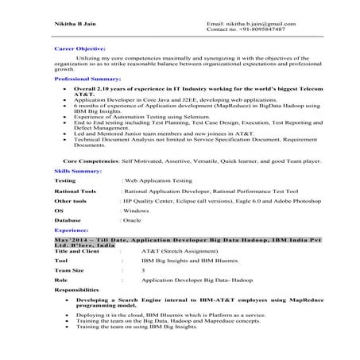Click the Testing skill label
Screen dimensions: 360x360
point(66,181)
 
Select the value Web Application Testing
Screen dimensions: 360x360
point(157,181)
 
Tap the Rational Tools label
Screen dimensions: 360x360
point(75,192)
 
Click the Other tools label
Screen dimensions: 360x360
point(71,202)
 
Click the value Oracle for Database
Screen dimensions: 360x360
point(134,223)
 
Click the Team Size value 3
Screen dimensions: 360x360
point(143,270)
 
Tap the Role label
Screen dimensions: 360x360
point(61,281)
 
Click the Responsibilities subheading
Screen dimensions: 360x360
point(77,292)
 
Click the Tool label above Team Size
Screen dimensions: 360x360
point(61,260)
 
